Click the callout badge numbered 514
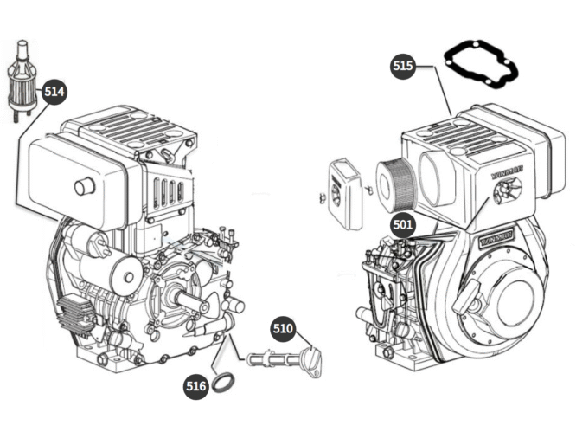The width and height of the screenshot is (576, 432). coord(54,90)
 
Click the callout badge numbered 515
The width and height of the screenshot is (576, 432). coord(404,66)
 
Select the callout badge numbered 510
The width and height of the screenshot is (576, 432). coord(284,329)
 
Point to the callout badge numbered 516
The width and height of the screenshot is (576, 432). coord(196,385)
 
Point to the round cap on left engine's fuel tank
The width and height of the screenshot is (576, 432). coord(84,186)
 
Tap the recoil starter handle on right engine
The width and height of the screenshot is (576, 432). coord(468,303)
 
